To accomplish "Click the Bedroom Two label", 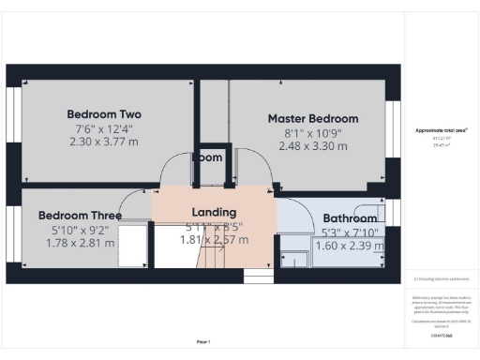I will point(104,113).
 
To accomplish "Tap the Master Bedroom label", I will point(312,119).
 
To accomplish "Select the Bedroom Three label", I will point(80,215).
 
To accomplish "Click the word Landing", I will point(214,212).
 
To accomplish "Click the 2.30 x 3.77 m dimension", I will point(104,142).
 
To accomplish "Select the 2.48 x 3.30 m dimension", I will point(312,147).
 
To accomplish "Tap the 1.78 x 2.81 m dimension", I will point(80,243).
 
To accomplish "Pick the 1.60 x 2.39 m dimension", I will point(350,246).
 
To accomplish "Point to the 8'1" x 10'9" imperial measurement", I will point(312,133).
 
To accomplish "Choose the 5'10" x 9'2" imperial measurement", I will point(80,229).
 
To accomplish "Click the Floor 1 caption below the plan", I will point(202,341).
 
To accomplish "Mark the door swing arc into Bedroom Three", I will point(137,210).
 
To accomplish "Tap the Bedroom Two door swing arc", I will point(173,167).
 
